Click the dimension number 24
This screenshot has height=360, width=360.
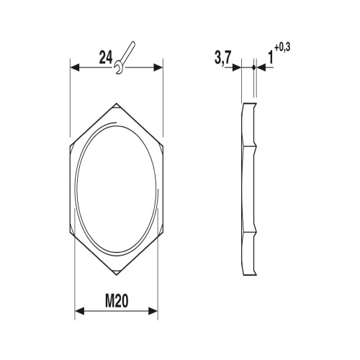pos(106,58)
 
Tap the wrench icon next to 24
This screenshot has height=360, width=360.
pos(124,58)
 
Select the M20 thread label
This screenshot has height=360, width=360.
pos(117,301)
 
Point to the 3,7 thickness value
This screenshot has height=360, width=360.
pos(222,58)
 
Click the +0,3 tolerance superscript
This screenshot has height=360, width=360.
pos(282,48)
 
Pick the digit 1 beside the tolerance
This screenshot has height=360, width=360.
pos(271,58)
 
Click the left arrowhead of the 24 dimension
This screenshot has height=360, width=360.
pos(75,68)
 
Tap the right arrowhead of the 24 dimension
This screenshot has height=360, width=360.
pos(158,68)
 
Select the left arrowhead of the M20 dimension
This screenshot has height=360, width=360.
pos(80,311)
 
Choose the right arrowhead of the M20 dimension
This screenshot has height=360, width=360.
pos(153,311)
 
